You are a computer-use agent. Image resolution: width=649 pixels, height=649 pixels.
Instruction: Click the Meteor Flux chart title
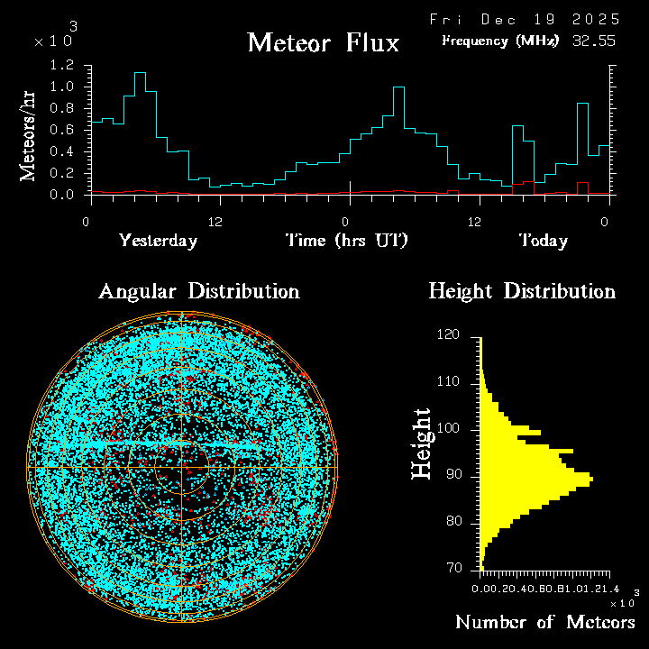pos(323,42)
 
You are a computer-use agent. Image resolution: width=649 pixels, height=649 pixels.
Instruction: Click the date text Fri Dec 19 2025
pos(525,19)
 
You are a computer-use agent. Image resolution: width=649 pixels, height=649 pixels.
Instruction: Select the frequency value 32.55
pos(596,41)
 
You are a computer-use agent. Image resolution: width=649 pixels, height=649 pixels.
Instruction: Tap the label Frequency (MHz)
pos(500,41)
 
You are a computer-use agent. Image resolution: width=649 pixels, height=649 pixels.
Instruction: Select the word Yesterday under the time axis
pos(158,241)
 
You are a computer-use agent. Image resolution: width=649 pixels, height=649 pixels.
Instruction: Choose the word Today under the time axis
pos(543,241)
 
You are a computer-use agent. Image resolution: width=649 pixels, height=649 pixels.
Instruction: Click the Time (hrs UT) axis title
pos(347,241)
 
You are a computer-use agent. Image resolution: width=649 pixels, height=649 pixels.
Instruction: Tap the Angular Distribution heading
pos(198,291)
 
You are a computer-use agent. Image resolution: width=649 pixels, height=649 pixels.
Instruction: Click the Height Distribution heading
pos(522,291)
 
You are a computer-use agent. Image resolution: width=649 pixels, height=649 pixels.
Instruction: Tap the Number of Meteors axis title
pos(544,623)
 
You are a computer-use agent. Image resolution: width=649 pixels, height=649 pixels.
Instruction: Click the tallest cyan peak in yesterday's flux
pos(140,73)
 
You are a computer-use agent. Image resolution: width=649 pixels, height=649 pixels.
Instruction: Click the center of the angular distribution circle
pos(183,469)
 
